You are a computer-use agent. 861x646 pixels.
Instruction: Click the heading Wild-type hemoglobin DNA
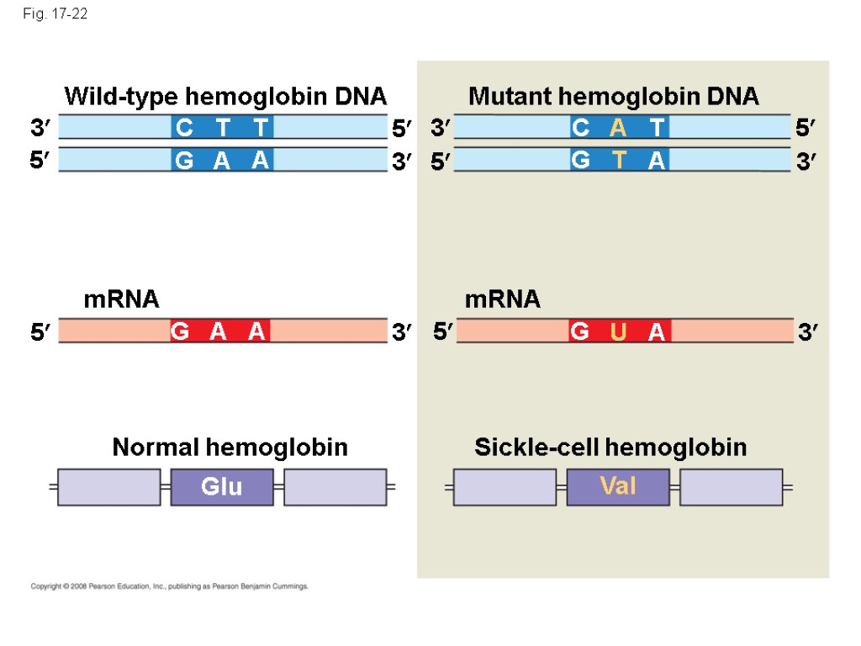coord(225,97)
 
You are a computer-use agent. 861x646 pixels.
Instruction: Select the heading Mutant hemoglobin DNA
coord(613,97)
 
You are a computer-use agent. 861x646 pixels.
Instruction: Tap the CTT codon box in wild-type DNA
coord(222,128)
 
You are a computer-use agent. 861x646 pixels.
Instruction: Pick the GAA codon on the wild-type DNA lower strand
coord(222,160)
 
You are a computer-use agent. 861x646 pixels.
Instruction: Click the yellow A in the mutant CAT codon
coord(619,128)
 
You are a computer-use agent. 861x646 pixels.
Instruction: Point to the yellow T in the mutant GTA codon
coord(619,160)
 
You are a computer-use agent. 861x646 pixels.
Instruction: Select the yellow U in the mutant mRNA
coord(619,332)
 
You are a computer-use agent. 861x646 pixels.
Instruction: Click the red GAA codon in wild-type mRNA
coord(219,332)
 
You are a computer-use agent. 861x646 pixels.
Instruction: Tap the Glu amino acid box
coord(222,487)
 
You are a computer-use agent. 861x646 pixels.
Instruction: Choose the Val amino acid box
coord(618,487)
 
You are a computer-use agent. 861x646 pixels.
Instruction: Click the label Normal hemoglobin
coord(230,447)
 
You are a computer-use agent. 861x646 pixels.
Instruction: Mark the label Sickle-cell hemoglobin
coord(610,447)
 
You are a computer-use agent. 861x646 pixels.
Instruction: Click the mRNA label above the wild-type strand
coord(121,299)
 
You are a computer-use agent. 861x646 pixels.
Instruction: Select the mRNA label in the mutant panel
coord(503,299)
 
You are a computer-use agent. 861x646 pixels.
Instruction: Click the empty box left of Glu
coord(108,487)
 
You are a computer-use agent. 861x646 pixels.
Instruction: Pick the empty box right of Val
coord(731,487)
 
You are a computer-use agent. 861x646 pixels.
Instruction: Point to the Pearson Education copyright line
coord(170,586)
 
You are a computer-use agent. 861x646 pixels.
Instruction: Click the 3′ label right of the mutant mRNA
coord(808,333)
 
